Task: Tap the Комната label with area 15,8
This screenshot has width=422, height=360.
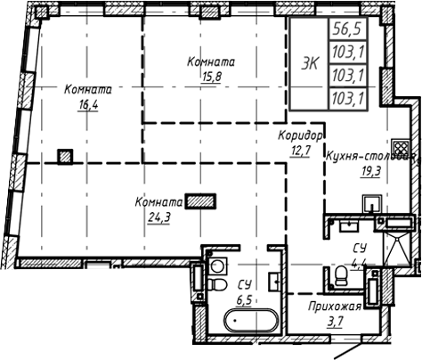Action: pyautogui.click(x=211, y=61)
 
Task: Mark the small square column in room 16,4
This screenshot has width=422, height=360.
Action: pyautogui.click(x=65, y=158)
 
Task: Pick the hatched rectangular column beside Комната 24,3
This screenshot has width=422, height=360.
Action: pyautogui.click(x=201, y=201)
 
